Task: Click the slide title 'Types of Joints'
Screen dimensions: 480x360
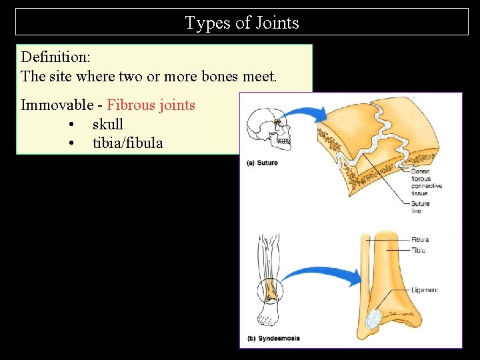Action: [242, 23]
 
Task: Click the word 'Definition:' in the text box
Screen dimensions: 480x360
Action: [55, 57]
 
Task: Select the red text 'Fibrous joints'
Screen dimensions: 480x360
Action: [151, 105]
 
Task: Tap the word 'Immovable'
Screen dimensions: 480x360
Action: [57, 105]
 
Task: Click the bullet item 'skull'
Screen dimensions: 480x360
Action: [108, 124]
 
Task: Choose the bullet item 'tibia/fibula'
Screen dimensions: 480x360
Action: [127, 143]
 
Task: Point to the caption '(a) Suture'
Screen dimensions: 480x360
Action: [262, 163]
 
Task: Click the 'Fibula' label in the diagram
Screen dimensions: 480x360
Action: [419, 240]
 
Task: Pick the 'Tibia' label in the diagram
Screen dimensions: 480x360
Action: [418, 250]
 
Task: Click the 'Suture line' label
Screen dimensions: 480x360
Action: [420, 207]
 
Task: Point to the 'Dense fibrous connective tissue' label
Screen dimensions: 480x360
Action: [421, 182]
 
